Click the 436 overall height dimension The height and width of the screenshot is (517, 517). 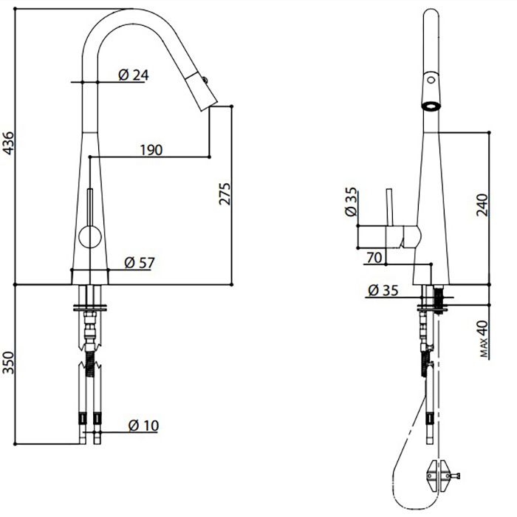8,143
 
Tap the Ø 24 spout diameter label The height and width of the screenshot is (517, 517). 133,75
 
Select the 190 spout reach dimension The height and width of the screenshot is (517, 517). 151,150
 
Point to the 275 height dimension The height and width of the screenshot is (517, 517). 225,194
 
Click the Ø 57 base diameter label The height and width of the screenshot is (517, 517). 140,263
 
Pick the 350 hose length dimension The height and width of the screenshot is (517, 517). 8,363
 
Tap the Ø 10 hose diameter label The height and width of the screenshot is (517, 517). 143,425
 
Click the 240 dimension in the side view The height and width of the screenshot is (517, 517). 482,205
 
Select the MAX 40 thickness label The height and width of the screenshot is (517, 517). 483,339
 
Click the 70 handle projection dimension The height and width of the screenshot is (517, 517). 374,258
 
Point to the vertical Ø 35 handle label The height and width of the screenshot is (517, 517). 351,202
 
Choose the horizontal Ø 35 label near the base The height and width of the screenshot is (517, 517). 383,290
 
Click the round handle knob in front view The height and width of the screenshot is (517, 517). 90,237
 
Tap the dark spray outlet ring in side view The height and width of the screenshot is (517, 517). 431,106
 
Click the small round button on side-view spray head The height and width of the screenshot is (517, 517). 431,80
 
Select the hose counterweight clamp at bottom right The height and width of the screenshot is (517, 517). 440,476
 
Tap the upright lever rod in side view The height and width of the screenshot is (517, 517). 390,207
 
